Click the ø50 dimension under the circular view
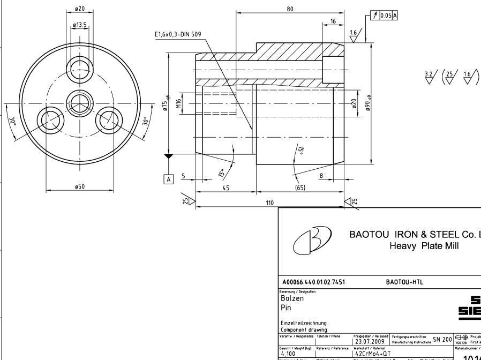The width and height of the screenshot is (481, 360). [x=79, y=186]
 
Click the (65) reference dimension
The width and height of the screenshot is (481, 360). [x=300, y=188]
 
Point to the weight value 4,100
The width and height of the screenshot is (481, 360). [x=291, y=353]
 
